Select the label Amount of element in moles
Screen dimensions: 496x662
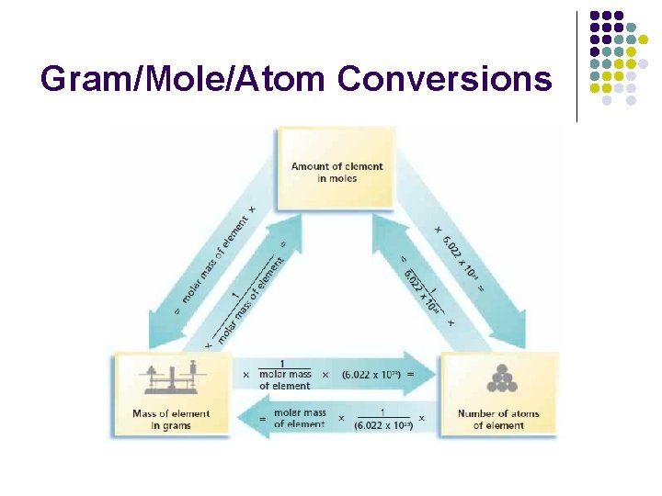pos(337,172)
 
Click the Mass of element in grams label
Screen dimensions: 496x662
pos(171,419)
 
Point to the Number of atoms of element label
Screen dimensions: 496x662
pos(498,419)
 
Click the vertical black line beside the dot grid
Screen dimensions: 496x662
pos(576,66)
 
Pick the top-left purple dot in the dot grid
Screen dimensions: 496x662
pos(596,17)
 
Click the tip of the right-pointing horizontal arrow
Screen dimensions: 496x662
pos(433,375)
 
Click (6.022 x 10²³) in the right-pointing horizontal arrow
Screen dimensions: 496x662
pos(371,375)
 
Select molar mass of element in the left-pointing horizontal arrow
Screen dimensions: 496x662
pos(299,418)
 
